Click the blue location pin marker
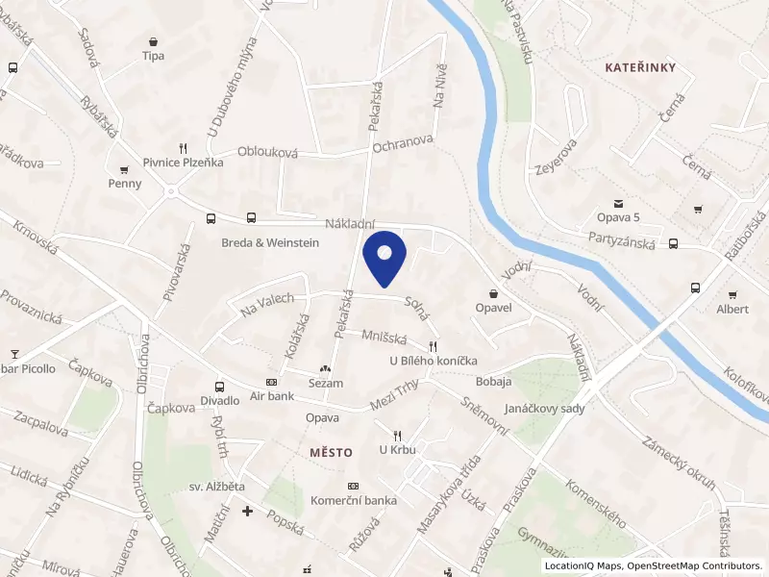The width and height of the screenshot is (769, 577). pyautogui.click(x=384, y=257)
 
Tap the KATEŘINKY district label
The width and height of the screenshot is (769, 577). pyautogui.click(x=641, y=66)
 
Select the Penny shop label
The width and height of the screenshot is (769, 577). pyautogui.click(x=125, y=184)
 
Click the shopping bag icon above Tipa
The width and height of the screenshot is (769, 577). pyautogui.click(x=153, y=41)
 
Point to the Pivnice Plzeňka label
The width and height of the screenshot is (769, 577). pyautogui.click(x=183, y=163)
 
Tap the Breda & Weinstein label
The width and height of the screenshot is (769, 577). pyautogui.click(x=270, y=242)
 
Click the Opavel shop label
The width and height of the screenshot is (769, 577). pyautogui.click(x=493, y=308)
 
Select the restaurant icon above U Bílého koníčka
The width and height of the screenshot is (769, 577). pyautogui.click(x=434, y=346)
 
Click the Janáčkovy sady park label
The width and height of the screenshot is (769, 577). pyautogui.click(x=544, y=408)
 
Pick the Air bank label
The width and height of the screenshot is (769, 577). pyautogui.click(x=271, y=395)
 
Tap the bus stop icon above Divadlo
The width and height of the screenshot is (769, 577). pyautogui.click(x=220, y=386)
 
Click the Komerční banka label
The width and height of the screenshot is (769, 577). pyautogui.click(x=354, y=500)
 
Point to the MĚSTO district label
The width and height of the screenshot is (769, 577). pyautogui.click(x=332, y=452)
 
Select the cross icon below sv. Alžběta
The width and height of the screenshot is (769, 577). pyautogui.click(x=248, y=510)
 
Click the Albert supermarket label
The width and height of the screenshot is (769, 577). pyautogui.click(x=732, y=309)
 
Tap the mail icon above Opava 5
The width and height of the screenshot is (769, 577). pyautogui.click(x=618, y=203)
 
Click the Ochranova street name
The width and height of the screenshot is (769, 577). pyautogui.click(x=403, y=143)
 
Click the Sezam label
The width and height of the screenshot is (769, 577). pyautogui.click(x=325, y=383)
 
